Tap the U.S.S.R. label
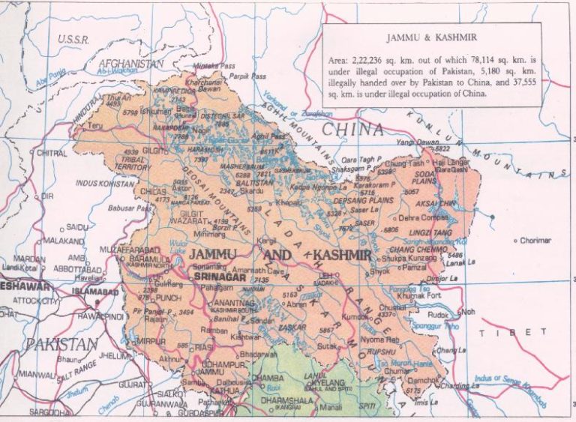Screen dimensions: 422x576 (x=73, y=39)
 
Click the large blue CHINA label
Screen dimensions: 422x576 (x=352, y=129)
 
